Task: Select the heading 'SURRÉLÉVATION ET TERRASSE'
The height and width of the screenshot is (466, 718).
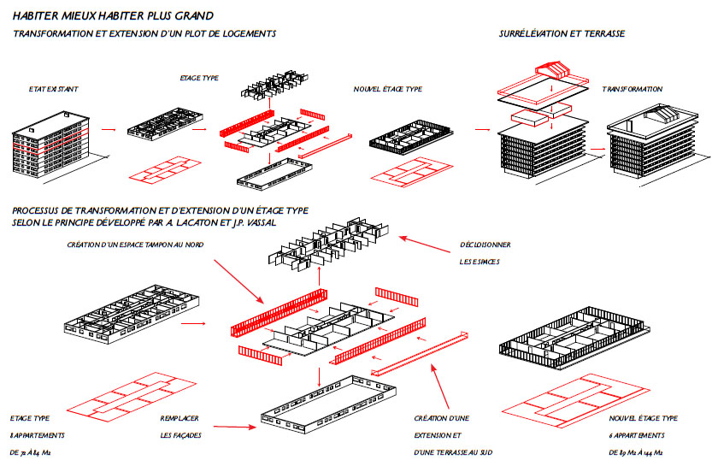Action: click(562, 33)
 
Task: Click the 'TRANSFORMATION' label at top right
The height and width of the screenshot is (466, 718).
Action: click(632, 89)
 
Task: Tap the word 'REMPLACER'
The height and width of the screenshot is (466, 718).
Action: click(179, 419)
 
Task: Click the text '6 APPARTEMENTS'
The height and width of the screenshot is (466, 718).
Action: click(635, 434)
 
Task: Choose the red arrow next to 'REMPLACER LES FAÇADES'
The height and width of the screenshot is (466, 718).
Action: click(232, 425)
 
